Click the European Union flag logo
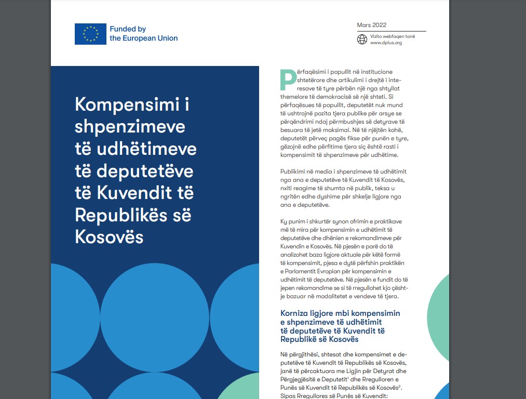click(90, 34)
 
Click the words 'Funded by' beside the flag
click(128, 29)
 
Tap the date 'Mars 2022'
click(371, 25)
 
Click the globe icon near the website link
click(362, 39)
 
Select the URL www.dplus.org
click(386, 43)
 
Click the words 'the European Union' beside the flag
click(143, 38)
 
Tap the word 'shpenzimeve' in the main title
click(130, 126)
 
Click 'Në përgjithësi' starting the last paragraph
click(300, 354)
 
